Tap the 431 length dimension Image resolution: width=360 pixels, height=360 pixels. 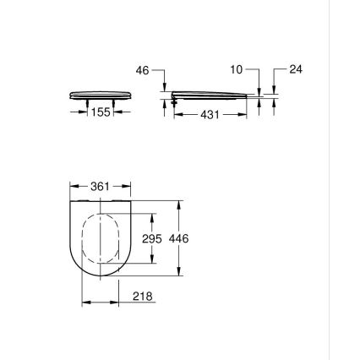tap(211, 114)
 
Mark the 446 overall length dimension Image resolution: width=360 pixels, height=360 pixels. tap(179, 239)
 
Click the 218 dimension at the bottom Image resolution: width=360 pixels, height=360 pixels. tap(143, 297)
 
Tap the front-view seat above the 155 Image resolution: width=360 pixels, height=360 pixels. tap(100, 95)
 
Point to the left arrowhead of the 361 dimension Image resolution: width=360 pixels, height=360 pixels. tap(73, 184)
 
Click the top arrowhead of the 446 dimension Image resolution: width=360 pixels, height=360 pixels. tap(179, 204)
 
